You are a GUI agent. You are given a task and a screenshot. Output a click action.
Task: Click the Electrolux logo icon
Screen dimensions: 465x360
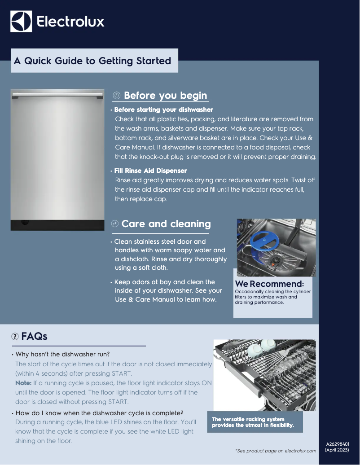tap(21, 22)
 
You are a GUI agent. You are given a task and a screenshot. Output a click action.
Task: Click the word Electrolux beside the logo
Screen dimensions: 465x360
tap(70, 22)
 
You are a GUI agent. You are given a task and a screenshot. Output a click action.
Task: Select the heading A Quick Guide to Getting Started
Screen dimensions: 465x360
tap(92, 61)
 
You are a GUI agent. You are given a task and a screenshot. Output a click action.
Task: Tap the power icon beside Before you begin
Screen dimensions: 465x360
tap(116, 96)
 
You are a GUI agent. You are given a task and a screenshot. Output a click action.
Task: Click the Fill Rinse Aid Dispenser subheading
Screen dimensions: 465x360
tap(150, 171)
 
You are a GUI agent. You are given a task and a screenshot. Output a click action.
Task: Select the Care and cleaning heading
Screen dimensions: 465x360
tap(166, 224)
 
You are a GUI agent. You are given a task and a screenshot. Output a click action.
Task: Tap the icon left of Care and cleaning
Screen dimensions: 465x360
tap(114, 224)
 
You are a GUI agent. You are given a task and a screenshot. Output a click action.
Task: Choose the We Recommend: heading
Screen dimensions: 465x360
tap(269, 284)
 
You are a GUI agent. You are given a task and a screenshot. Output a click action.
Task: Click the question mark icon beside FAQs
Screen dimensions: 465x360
tap(15, 336)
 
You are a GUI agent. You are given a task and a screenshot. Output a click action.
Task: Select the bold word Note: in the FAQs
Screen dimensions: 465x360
tap(23, 383)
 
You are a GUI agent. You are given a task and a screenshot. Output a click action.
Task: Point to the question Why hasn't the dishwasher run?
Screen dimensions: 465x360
tap(62, 354)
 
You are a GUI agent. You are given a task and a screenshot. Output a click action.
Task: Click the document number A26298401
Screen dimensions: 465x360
tap(337, 444)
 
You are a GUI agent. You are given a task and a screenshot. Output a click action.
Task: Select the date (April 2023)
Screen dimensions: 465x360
tap(337, 450)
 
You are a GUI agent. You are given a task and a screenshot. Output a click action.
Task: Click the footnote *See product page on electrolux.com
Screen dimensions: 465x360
tap(276, 451)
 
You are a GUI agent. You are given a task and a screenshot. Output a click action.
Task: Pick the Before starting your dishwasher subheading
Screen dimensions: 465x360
tap(163, 110)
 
